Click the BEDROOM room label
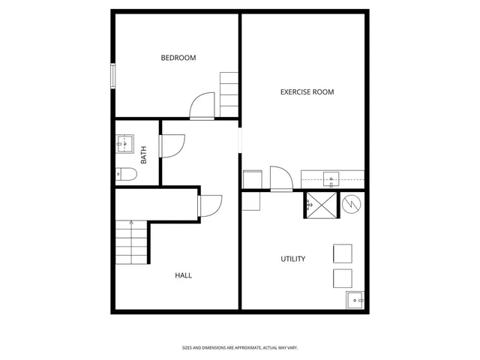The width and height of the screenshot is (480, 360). pos(178,58)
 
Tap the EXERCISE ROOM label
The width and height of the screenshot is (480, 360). pos(307,92)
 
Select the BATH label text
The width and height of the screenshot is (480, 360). pos(144,155)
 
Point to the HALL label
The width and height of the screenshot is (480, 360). pos(183,275)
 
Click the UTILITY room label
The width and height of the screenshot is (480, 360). pos(292,259)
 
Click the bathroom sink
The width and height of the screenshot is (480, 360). pos(124,143)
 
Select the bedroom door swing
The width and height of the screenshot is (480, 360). pos(201,106)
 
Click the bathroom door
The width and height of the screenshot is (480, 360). pos(170,145)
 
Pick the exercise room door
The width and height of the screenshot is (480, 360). pos(280,178)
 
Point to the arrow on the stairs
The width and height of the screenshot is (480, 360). pos(131,223)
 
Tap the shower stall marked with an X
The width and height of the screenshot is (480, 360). pos(321,204)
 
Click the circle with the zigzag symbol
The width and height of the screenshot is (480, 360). pos(350,203)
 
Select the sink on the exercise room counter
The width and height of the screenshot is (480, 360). pos(330,178)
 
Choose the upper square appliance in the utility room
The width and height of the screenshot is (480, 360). pos(342,253)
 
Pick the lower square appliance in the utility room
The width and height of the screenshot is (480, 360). pos(342,278)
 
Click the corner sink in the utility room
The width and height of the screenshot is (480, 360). pos(355,301)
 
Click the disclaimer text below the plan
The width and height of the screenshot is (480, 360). pos(239,347)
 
